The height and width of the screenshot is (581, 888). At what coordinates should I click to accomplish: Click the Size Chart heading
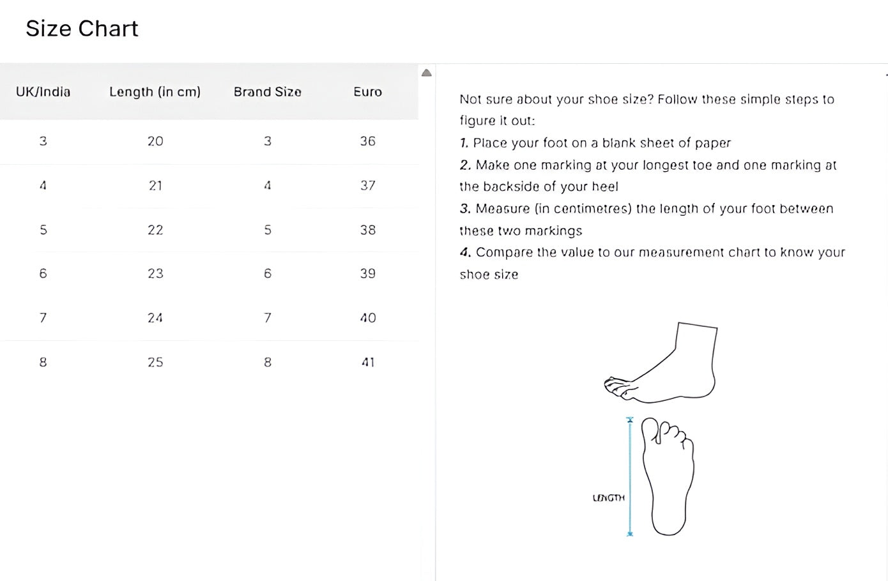(82, 29)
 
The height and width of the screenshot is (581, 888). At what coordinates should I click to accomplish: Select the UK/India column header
(43, 92)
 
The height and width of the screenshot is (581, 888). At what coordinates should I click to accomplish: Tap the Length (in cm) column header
(155, 92)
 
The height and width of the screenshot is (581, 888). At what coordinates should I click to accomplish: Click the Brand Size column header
(267, 92)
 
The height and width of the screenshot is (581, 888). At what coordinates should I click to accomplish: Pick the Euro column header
(367, 92)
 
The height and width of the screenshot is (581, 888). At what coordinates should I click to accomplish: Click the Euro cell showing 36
(367, 141)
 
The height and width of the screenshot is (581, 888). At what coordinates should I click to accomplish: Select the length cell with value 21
(155, 186)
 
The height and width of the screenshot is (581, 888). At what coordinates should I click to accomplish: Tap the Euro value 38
(367, 230)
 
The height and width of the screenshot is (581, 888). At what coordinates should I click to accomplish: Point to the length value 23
(155, 274)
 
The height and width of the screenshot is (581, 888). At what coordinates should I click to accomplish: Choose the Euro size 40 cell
(367, 318)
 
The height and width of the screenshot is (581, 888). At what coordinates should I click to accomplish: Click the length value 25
(155, 363)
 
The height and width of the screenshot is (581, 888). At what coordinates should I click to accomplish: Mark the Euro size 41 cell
(367, 363)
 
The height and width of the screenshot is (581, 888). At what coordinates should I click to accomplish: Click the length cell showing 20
(155, 141)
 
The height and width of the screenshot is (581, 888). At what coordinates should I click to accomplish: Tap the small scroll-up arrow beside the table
(427, 73)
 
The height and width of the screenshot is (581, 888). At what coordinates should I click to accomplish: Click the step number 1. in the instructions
(464, 143)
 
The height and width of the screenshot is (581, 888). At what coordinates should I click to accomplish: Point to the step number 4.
(465, 252)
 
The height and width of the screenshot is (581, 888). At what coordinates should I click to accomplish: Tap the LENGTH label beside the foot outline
(608, 498)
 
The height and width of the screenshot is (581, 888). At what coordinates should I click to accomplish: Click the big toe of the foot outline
(650, 429)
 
